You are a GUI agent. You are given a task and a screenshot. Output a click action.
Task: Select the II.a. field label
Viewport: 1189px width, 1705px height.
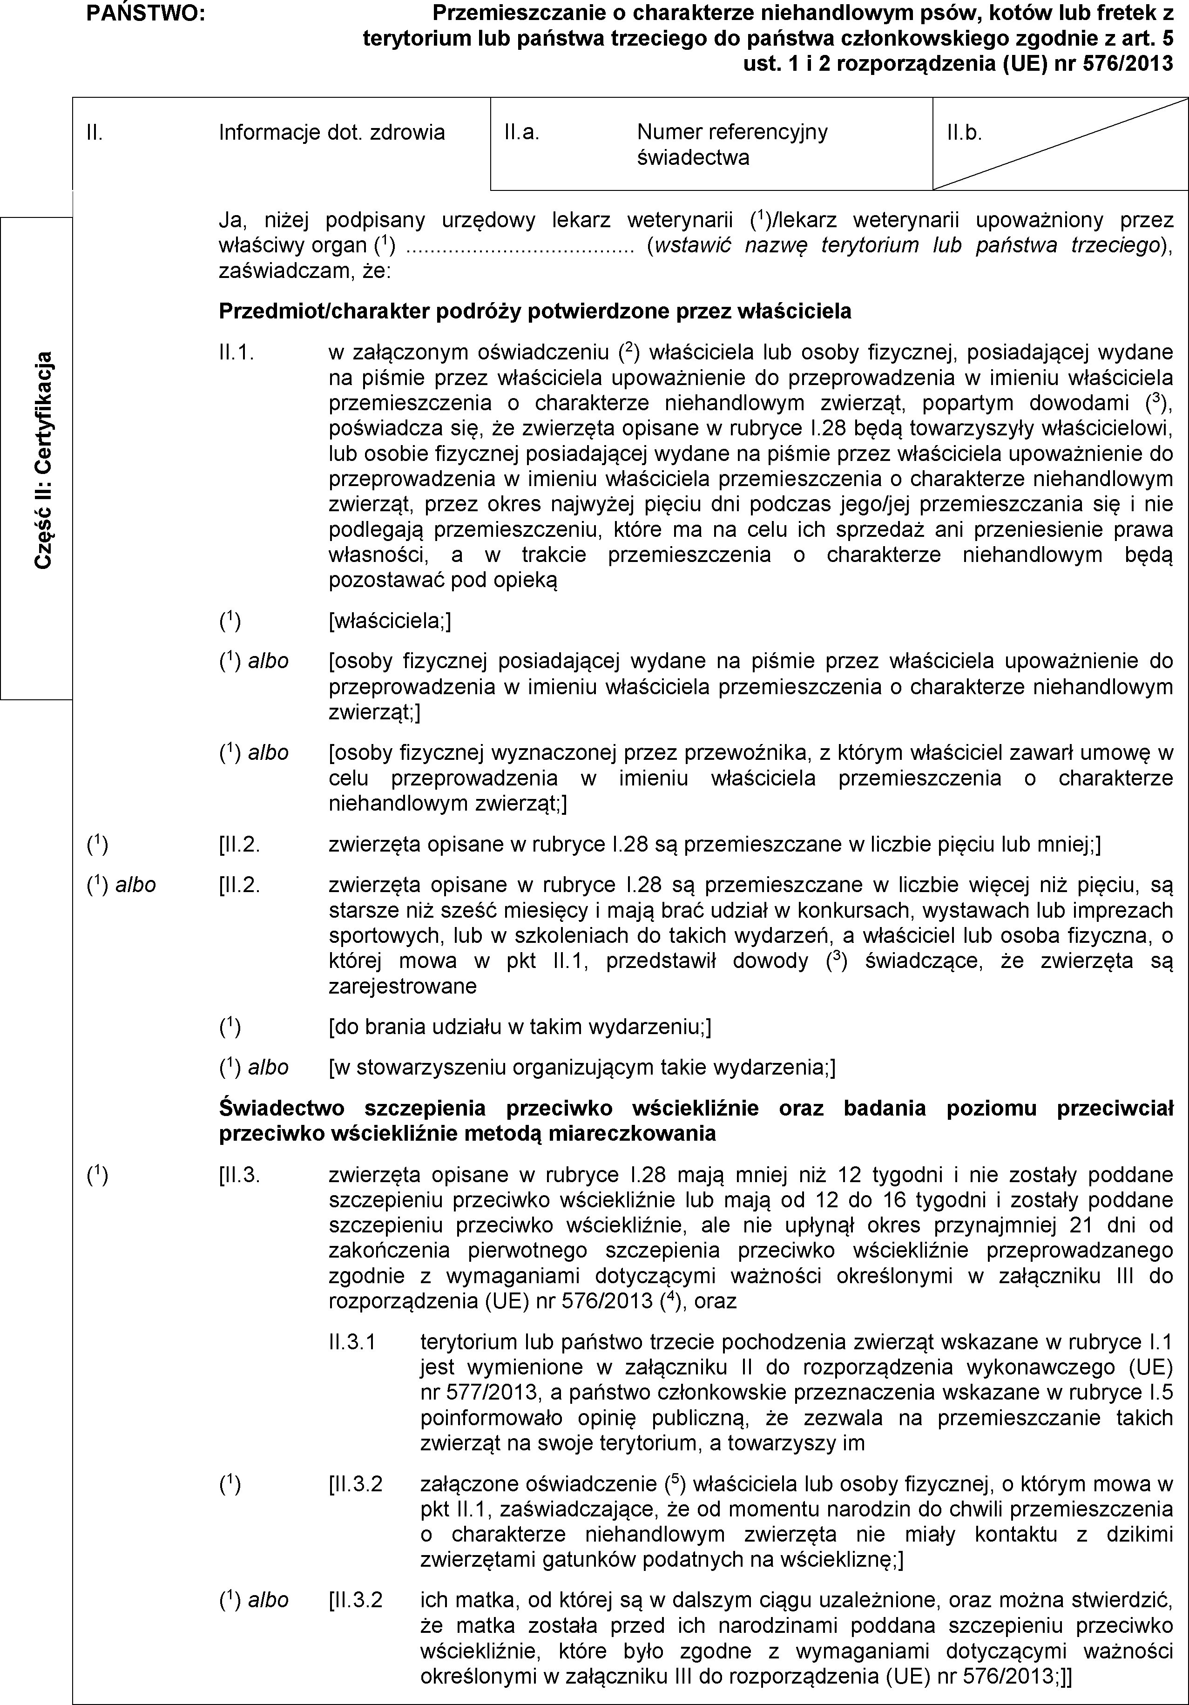coord(520,133)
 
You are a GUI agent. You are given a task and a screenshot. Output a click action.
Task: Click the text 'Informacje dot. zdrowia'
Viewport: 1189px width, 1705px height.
coord(332,133)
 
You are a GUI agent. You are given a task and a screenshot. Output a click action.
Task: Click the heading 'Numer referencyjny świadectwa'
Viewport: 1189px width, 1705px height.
coord(731,145)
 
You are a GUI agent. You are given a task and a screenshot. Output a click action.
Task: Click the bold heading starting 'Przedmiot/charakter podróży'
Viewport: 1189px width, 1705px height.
coord(535,311)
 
